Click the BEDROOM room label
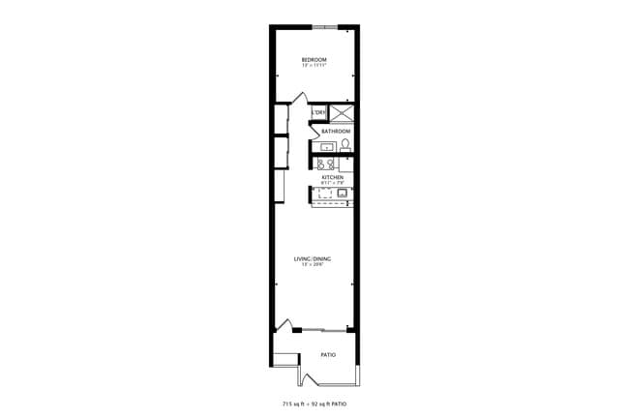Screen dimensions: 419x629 [x=314, y=60]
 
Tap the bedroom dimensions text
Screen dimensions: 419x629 [x=314, y=66]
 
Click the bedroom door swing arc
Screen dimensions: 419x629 [x=301, y=98]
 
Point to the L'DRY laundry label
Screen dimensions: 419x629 [x=319, y=112]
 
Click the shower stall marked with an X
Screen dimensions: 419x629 [x=343, y=112]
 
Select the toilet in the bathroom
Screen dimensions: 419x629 [x=344, y=146]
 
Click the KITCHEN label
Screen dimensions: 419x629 [x=333, y=178]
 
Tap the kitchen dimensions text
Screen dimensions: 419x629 [x=333, y=184]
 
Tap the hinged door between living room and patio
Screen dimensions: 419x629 [x=283, y=325]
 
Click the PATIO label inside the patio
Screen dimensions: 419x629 [x=328, y=355]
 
